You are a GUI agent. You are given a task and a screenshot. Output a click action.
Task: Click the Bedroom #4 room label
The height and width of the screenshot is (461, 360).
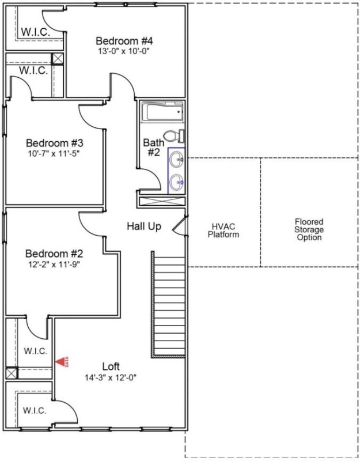pyautogui.click(x=124, y=41)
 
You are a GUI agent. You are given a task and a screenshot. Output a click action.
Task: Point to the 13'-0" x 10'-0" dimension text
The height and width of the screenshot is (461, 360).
pyautogui.click(x=124, y=51)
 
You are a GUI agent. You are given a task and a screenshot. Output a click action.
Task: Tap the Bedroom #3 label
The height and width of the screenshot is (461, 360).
pyautogui.click(x=55, y=143)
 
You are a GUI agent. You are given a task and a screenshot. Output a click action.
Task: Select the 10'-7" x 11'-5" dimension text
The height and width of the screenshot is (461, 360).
pyautogui.click(x=55, y=153)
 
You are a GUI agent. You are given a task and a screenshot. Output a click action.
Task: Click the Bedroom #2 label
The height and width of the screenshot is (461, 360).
pyautogui.click(x=55, y=254)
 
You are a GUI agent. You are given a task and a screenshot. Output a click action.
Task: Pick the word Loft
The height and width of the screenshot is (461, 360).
pyautogui.click(x=111, y=366)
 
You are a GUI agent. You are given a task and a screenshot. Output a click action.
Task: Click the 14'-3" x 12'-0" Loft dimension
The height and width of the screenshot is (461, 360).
pyautogui.click(x=111, y=377)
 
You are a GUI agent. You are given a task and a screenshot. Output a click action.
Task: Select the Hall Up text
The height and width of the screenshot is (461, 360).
pyautogui.click(x=144, y=226)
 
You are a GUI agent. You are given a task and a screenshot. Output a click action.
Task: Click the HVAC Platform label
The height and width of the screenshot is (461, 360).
pyautogui.click(x=223, y=231)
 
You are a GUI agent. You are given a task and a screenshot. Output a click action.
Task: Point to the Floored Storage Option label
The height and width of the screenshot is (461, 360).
pyautogui.click(x=309, y=229)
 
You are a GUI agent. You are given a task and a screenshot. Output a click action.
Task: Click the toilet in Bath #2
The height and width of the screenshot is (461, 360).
pyautogui.click(x=172, y=137)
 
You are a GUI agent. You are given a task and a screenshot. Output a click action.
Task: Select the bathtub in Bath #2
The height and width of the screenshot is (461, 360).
pyautogui.click(x=162, y=112)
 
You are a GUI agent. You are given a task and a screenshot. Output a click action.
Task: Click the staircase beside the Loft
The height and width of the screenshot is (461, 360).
pyautogui.click(x=169, y=304)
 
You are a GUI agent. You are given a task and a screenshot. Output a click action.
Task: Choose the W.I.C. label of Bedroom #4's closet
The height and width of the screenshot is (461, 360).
pyautogui.click(x=35, y=32)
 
